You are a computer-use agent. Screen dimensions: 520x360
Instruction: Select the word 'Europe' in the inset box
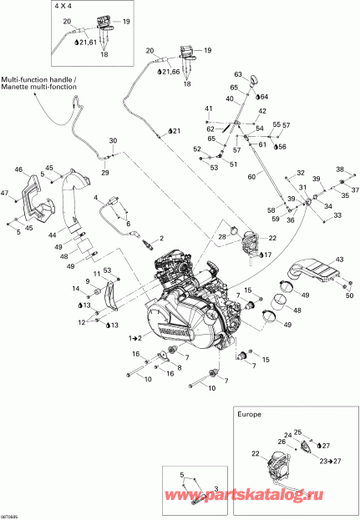click(x=250, y=413)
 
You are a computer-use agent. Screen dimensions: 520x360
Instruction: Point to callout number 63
click(x=238, y=74)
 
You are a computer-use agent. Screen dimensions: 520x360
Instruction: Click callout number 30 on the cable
click(x=114, y=140)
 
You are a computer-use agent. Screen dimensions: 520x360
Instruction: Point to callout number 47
click(x=5, y=194)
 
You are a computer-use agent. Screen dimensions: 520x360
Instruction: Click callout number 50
click(x=349, y=295)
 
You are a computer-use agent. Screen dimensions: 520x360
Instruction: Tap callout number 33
click(x=337, y=215)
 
